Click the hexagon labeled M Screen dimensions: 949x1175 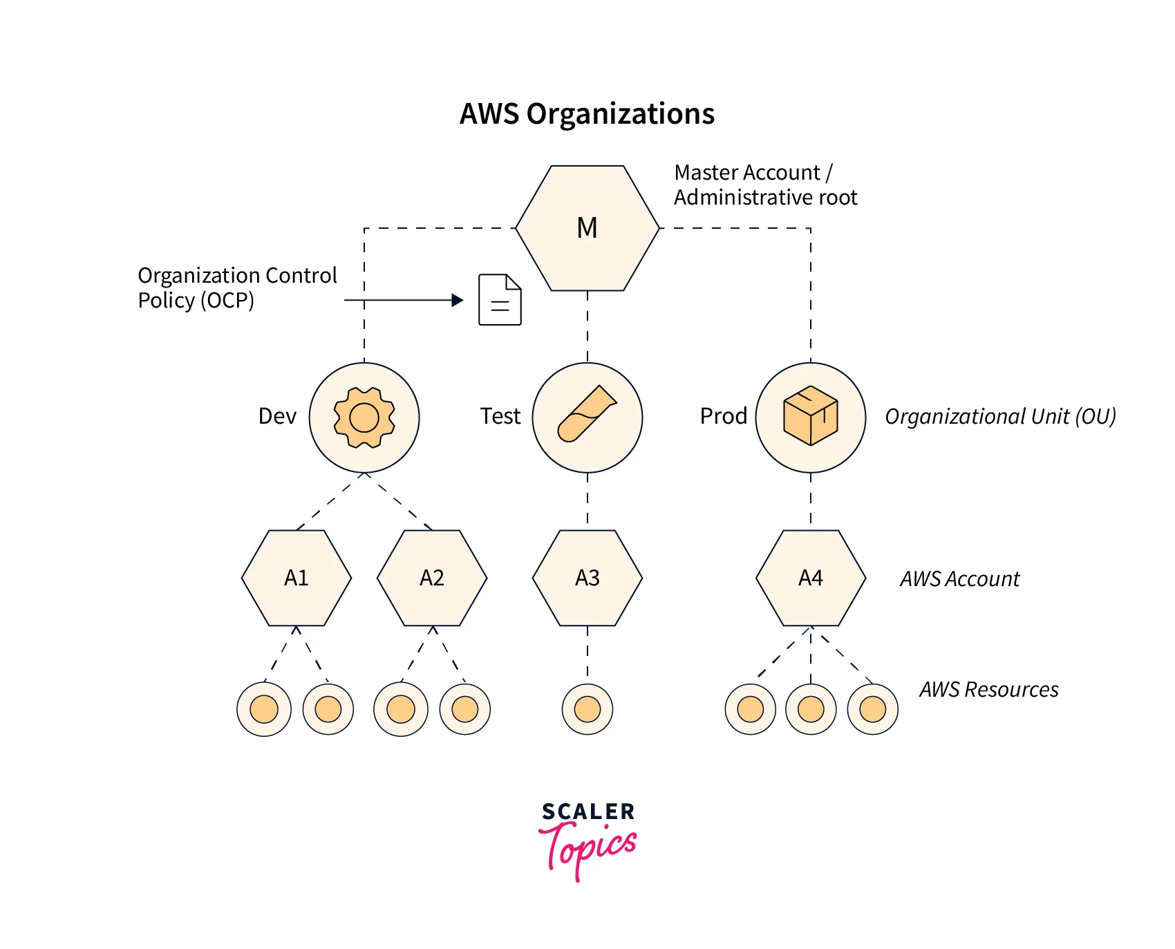click(x=587, y=228)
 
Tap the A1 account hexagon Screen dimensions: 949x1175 click(x=297, y=578)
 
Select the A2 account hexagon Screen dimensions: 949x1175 click(x=432, y=578)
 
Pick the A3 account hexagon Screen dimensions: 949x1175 click(x=587, y=578)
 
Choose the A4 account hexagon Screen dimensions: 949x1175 click(x=811, y=578)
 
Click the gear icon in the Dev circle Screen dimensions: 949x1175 click(x=364, y=417)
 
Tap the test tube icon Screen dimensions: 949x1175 click(x=587, y=413)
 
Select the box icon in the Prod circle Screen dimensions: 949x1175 click(x=811, y=415)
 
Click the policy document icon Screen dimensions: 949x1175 click(x=500, y=300)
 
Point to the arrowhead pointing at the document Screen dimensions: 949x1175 click(x=458, y=300)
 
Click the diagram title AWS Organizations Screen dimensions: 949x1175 click(x=587, y=114)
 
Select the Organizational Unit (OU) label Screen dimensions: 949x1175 click(x=1000, y=416)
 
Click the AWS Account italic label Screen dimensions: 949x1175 click(x=959, y=579)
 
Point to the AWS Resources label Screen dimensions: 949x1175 click(x=988, y=689)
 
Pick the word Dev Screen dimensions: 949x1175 click(x=277, y=416)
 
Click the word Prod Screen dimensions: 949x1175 click(x=724, y=416)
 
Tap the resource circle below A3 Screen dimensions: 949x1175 click(x=587, y=709)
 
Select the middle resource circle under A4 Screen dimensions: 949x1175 click(x=811, y=709)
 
